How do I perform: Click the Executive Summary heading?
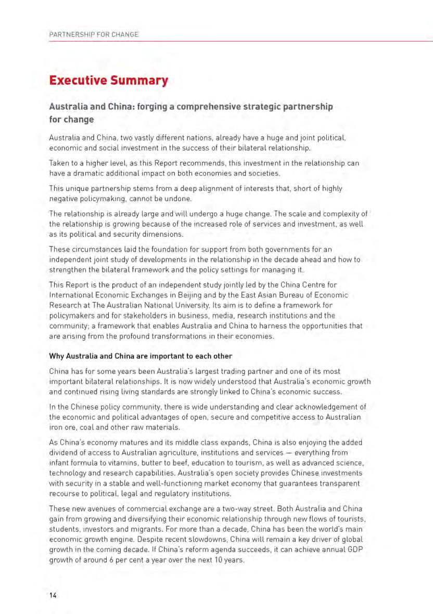click(x=108, y=81)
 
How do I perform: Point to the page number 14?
click(x=53, y=595)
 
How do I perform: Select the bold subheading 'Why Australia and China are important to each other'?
click(x=141, y=356)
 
